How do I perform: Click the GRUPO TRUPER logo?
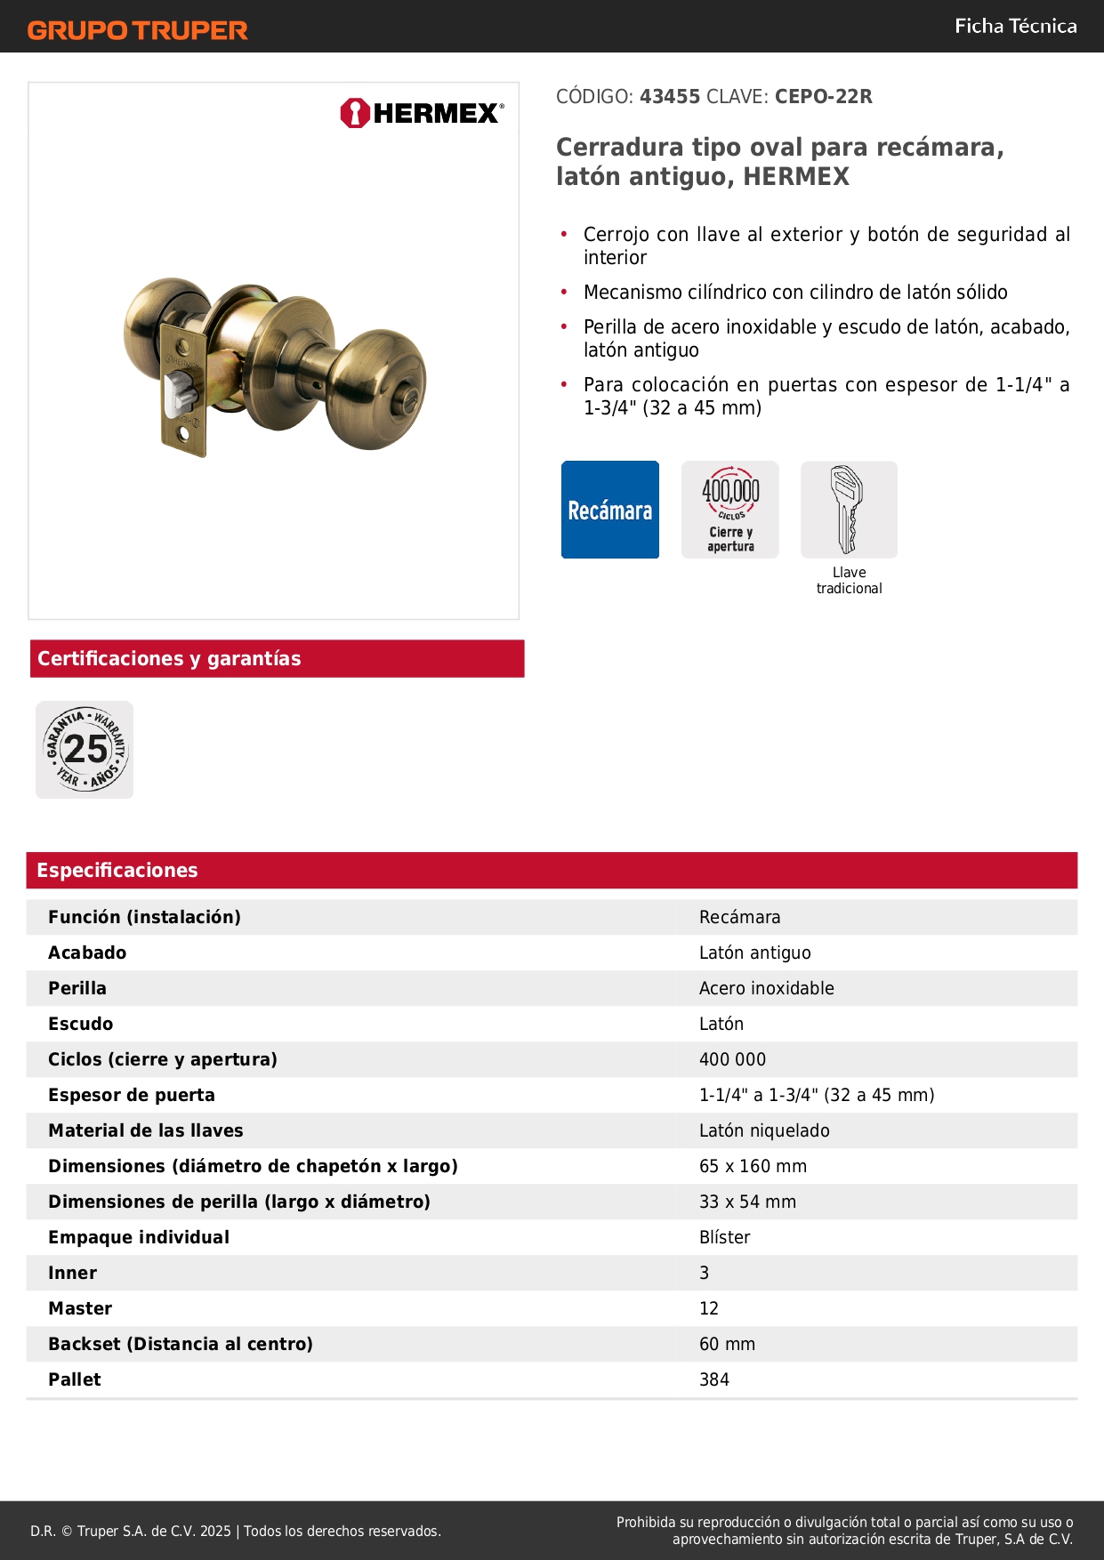pos(137,30)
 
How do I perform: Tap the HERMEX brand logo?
pos(422,113)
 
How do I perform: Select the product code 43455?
pos(670,97)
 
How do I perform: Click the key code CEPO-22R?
pos(823,97)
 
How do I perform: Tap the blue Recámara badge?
pos(610,510)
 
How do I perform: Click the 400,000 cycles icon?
pos(730,510)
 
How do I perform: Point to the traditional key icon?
pos(849,510)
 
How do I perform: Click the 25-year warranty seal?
pos(85,750)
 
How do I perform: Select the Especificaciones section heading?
pos(117,871)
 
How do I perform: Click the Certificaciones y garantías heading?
pos(169,659)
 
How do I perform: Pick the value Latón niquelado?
pos(764,1130)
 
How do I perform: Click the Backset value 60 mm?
pos(727,1344)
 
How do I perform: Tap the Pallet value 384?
pos(714,1379)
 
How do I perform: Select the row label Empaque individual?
pos(139,1237)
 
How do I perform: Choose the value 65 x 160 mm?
pos(753,1166)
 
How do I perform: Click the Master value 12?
pos(709,1308)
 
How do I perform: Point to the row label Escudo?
pos(81,1024)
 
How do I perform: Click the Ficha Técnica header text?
pos(1015,27)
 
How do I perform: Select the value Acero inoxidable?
pos(767,988)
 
